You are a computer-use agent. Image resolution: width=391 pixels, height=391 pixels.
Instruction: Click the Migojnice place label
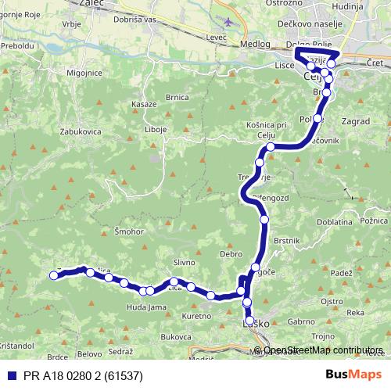84,72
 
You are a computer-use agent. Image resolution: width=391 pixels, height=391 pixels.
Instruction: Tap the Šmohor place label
127,232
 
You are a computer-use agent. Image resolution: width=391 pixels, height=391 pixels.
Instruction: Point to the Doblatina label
334,223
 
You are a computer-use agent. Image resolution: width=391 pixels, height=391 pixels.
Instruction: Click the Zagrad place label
355,123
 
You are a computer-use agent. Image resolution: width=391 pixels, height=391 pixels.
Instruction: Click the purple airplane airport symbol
228,21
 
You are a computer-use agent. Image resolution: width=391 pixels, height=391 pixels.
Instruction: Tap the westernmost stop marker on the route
53,274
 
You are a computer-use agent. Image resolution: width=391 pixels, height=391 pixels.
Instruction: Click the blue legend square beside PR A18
9,376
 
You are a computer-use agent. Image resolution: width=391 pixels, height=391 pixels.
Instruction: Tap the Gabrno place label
301,321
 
